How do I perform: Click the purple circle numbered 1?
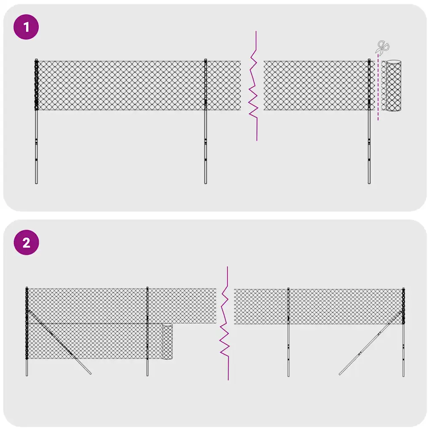click(26, 27)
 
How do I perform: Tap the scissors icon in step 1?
click(383, 48)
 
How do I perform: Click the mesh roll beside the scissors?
click(394, 86)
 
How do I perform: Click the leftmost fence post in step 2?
click(27, 366)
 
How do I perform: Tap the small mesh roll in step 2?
click(168, 341)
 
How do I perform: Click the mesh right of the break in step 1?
click(316, 86)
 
